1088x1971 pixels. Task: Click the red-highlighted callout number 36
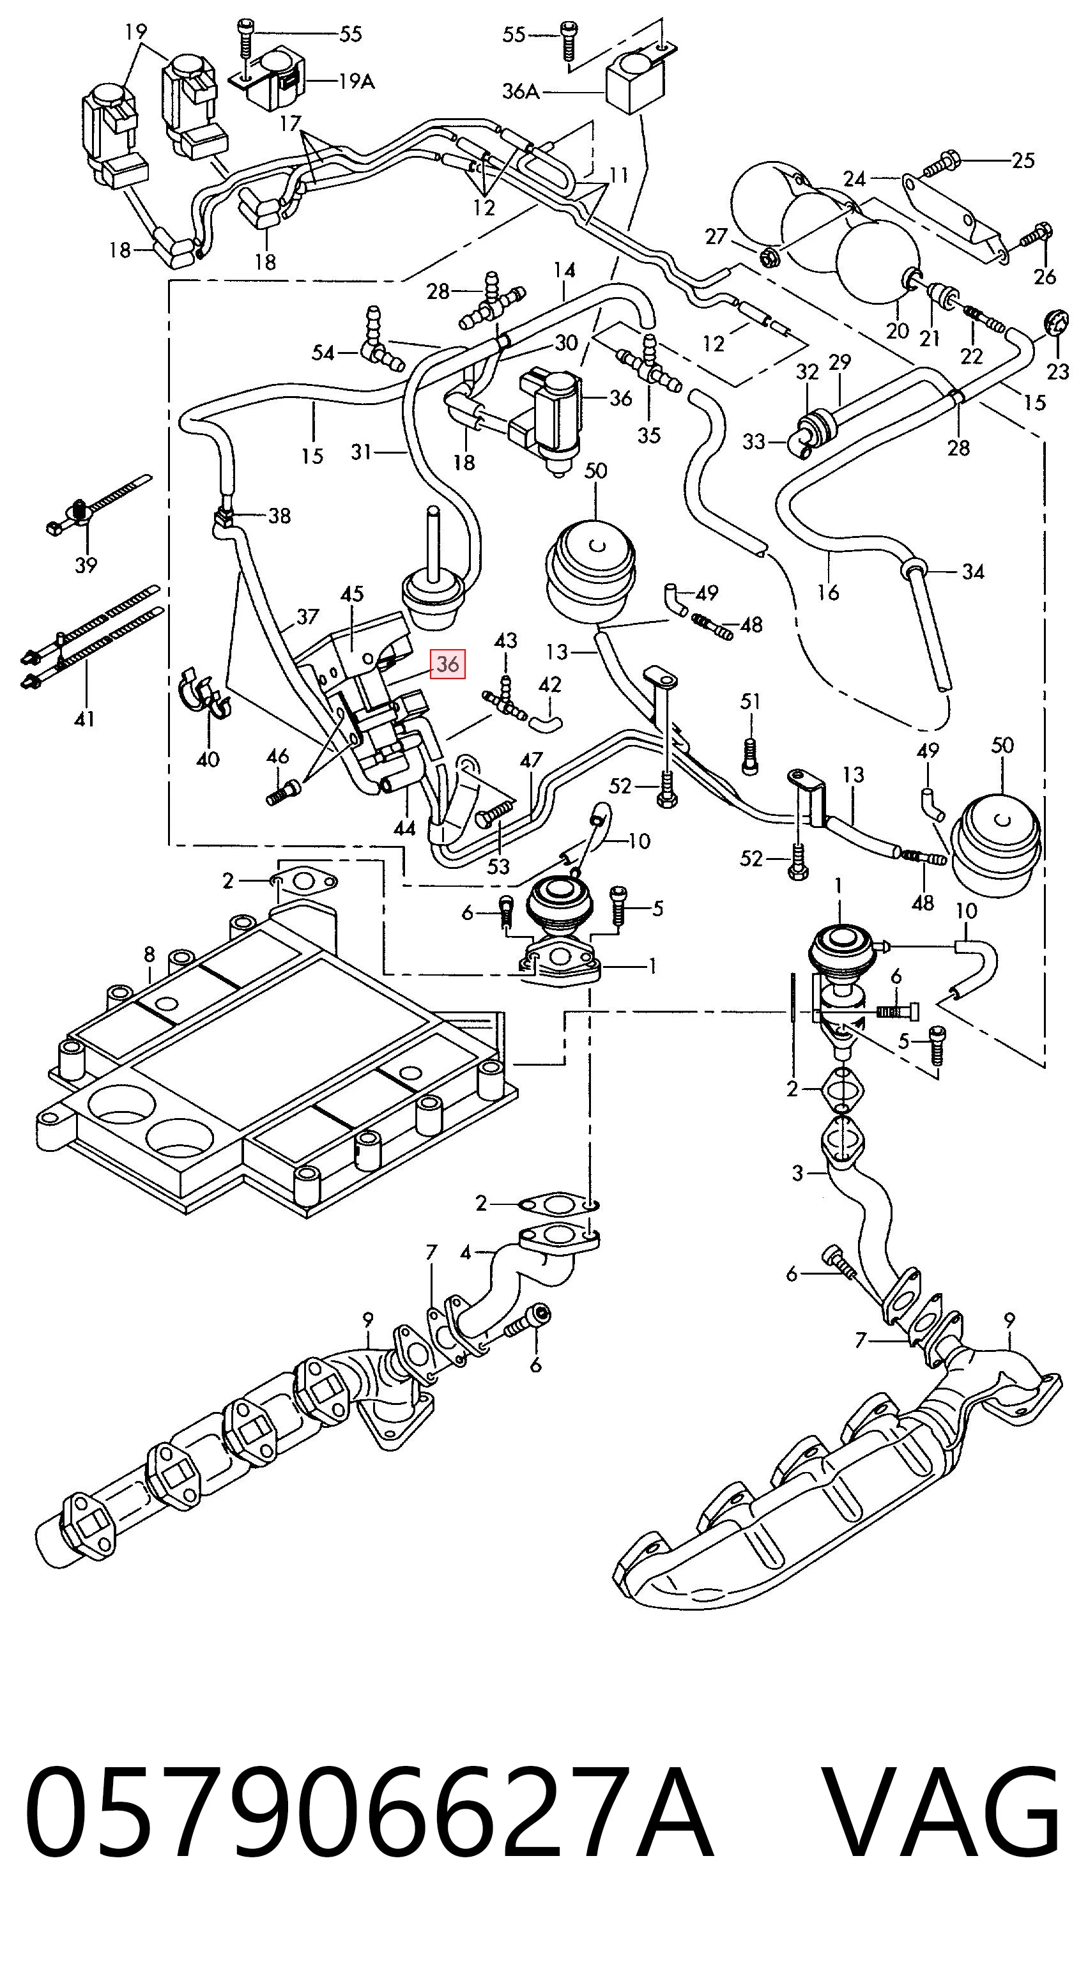coord(448,664)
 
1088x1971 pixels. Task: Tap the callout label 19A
coord(356,81)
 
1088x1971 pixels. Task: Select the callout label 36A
coord(521,92)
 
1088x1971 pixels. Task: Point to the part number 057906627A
coord(369,1836)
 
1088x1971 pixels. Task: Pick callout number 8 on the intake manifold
coord(149,954)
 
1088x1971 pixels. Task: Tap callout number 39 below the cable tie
coord(86,565)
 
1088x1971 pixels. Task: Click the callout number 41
coord(84,719)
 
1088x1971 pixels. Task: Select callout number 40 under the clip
coord(208,759)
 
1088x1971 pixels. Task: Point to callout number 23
coord(1057,371)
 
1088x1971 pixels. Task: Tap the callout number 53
coord(498,866)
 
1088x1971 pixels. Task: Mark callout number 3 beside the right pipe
coord(797,1173)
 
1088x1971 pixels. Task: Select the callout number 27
coord(716,236)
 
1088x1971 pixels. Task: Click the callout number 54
coord(323,353)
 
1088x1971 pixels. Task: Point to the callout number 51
coord(751,701)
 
